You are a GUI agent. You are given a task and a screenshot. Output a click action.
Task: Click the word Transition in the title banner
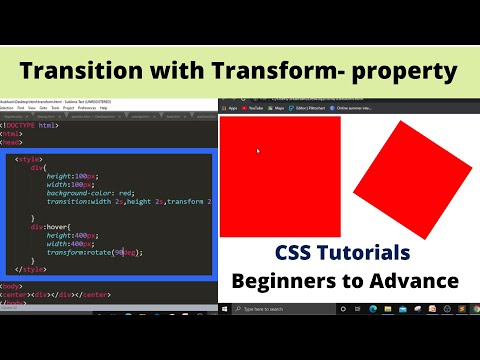[x=81, y=72]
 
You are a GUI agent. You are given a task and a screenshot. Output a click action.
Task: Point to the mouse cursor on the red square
[x=258, y=151]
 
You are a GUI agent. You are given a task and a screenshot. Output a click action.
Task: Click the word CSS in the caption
[x=297, y=252]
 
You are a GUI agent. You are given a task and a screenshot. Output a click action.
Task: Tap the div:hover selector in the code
[x=49, y=227]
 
